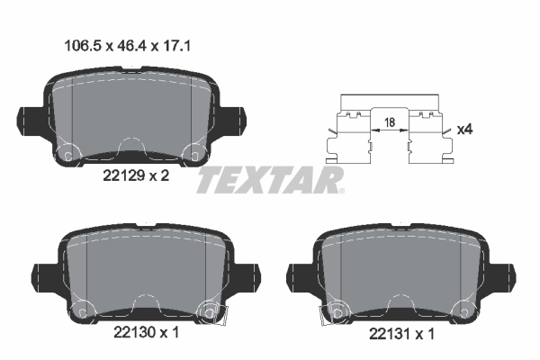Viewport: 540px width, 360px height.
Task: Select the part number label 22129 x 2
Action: pyautogui.click(x=131, y=178)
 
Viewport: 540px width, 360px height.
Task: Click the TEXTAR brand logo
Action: pyautogui.click(x=270, y=179)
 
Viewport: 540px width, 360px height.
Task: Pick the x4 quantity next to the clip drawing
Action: pyautogui.click(x=464, y=130)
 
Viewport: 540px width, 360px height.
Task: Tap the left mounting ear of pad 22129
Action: pyautogui.click(x=29, y=120)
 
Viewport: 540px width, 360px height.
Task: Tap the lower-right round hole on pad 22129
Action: pyautogui.click(x=191, y=154)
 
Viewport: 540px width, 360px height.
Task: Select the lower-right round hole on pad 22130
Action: pyautogui.click(x=210, y=311)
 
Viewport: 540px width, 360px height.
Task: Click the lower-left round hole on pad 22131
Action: pyautogui.click(x=338, y=311)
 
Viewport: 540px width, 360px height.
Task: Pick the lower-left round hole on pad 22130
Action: pyautogui.click(x=84, y=311)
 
